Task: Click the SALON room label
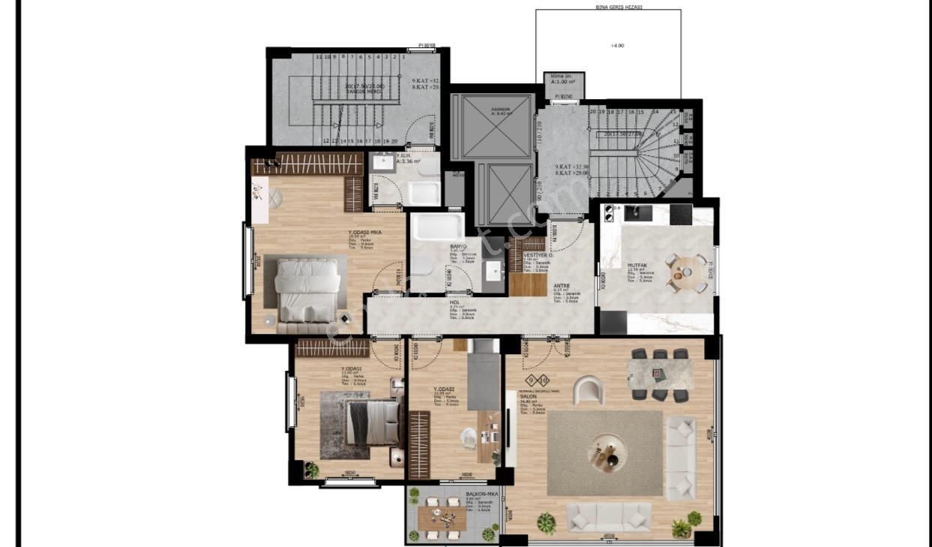(x=528, y=396)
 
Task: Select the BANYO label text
(x=458, y=246)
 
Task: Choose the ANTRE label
(x=562, y=285)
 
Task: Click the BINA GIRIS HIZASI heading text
(x=608, y=6)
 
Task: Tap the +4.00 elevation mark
(x=617, y=45)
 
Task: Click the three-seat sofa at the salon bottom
(x=609, y=516)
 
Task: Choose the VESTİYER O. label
(x=538, y=255)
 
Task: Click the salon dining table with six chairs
(x=660, y=373)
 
